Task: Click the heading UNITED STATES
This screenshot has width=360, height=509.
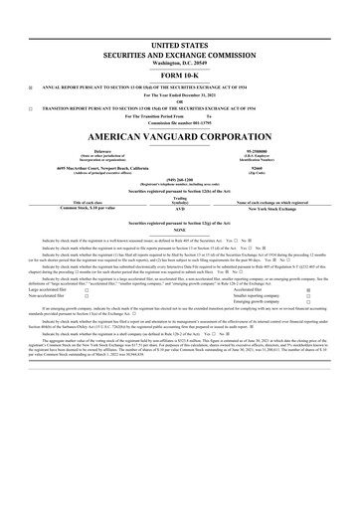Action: (x=179, y=47)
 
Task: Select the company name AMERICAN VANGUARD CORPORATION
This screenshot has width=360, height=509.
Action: (x=179, y=133)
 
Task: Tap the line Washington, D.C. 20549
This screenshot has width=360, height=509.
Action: (x=179, y=64)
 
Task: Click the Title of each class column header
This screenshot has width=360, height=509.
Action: (x=77, y=202)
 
